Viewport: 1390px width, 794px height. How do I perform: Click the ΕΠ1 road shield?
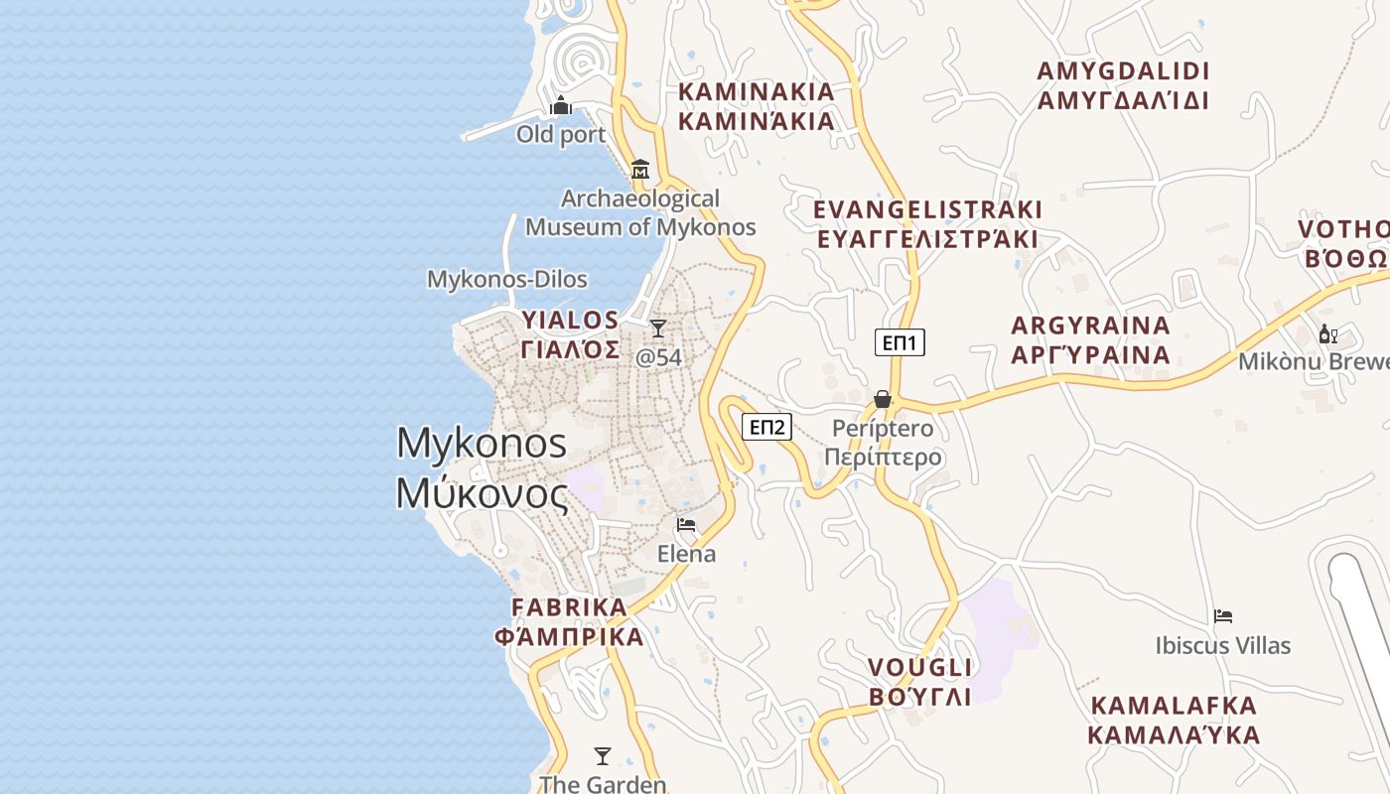click(x=900, y=343)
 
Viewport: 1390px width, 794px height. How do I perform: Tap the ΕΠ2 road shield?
click(x=766, y=428)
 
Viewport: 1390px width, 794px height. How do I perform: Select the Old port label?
click(x=561, y=134)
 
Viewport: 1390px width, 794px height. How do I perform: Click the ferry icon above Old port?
click(x=561, y=105)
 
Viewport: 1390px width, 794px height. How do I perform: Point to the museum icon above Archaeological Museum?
click(x=640, y=169)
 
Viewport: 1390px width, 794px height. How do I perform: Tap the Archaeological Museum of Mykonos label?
click(x=640, y=212)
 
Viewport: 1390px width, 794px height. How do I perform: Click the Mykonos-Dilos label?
click(x=507, y=280)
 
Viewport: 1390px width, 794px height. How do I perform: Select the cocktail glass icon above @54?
click(x=658, y=329)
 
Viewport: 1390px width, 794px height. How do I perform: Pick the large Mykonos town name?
click(x=483, y=467)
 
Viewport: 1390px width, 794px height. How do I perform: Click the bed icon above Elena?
click(x=686, y=525)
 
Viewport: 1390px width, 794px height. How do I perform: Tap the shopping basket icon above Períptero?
click(x=882, y=399)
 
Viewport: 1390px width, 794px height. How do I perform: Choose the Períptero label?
click(x=883, y=443)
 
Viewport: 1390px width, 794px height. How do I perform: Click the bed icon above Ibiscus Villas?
click(x=1223, y=616)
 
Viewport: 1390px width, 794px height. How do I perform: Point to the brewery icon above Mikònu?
click(x=1327, y=334)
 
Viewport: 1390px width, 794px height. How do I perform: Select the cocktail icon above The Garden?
click(x=602, y=755)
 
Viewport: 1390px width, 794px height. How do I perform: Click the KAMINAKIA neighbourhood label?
click(x=757, y=106)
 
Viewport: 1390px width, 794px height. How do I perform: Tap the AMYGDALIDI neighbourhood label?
click(x=1123, y=85)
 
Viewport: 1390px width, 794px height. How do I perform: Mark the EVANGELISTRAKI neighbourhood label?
click(x=927, y=224)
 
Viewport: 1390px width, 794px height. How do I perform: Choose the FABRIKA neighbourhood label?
click(x=570, y=621)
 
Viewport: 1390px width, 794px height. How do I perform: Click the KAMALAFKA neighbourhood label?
click(x=1174, y=721)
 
